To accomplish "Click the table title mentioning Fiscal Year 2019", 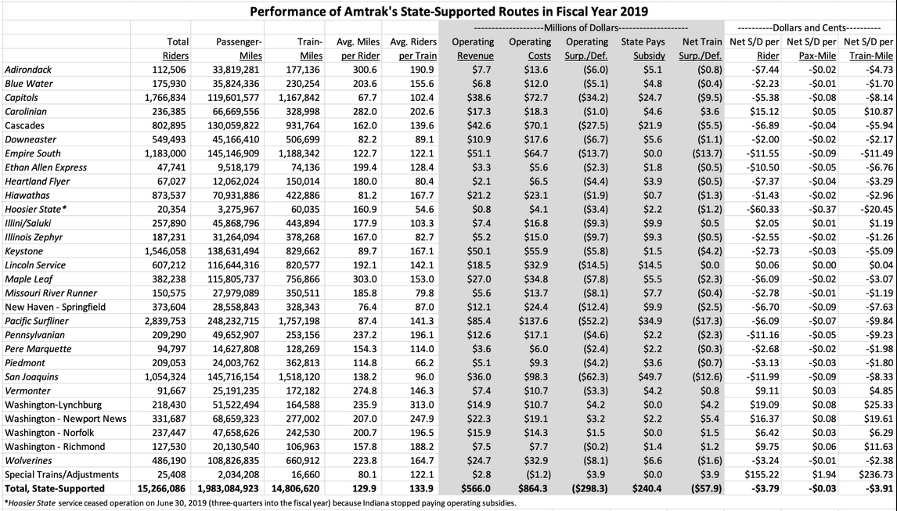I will [448, 12].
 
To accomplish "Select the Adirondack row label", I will [26, 70].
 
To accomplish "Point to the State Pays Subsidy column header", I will [643, 48].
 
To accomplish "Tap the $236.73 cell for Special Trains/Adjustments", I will [875, 474].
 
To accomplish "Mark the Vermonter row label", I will [27, 390].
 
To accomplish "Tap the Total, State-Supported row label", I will [54, 488].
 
